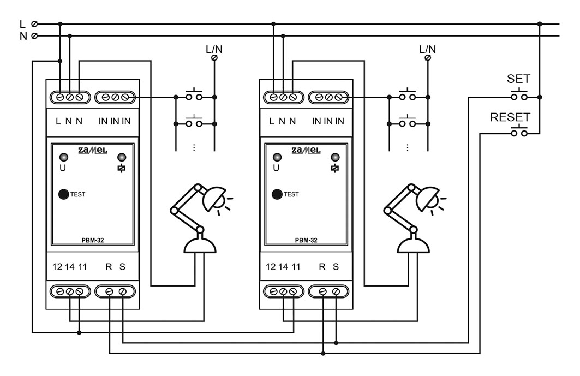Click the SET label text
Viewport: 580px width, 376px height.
click(518, 79)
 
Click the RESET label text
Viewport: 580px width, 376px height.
click(510, 117)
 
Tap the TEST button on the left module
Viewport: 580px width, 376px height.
click(64, 194)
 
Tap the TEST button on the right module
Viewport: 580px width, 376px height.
click(277, 194)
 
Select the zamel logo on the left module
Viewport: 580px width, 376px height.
click(92, 150)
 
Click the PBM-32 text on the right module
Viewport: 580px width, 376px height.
click(306, 240)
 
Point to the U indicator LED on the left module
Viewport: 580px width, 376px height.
click(64, 157)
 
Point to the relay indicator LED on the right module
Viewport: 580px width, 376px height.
click(335, 157)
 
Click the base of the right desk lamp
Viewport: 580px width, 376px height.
click(414, 246)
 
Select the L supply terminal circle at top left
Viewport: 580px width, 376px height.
click(34, 24)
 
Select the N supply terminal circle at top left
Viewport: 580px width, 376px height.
click(34, 36)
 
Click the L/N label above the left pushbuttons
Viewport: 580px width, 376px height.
click(214, 49)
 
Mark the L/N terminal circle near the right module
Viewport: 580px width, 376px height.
click(428, 58)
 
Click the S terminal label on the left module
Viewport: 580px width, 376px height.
click(122, 267)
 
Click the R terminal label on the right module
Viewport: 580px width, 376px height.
click(322, 267)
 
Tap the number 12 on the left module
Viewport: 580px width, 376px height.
click(57, 267)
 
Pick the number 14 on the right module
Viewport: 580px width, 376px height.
click(283, 267)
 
